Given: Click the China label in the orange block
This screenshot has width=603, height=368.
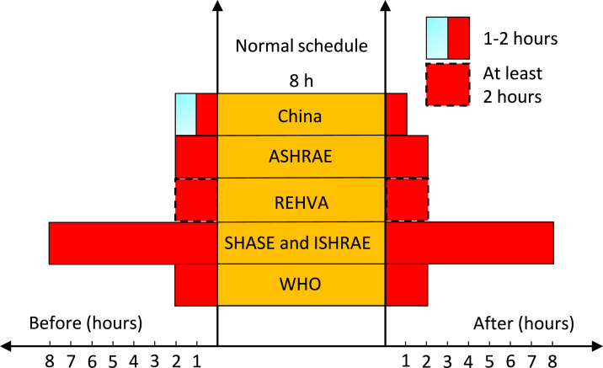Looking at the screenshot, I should [x=301, y=115].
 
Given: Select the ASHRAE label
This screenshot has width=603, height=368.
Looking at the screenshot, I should [x=301, y=157].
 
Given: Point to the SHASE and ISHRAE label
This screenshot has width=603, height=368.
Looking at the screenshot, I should [x=301, y=243].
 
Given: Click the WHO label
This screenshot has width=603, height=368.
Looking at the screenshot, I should [x=301, y=285].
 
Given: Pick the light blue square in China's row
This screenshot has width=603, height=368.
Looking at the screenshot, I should [x=185, y=115].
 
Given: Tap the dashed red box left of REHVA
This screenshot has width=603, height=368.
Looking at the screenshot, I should [x=196, y=200].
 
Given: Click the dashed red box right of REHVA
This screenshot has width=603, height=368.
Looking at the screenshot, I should [x=407, y=200].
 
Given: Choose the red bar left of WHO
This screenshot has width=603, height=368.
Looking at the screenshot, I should [x=196, y=285].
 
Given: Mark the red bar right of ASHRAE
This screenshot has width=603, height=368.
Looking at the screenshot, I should [x=407, y=157].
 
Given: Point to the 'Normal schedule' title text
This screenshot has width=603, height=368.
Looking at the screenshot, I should [x=301, y=45].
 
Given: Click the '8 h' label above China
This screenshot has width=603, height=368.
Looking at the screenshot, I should [x=301, y=81].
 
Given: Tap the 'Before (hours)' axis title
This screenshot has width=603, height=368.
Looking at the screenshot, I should [x=86, y=323].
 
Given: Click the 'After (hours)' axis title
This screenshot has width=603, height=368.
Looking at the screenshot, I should [x=524, y=323].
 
